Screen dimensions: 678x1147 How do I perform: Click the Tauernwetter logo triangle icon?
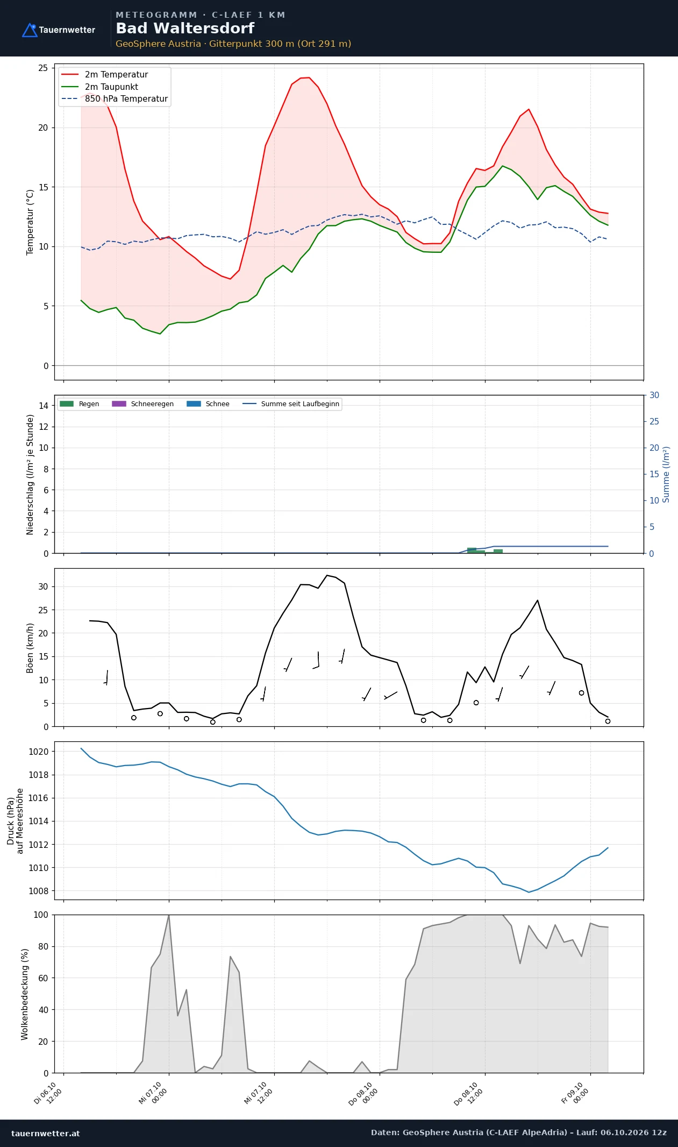[30, 30]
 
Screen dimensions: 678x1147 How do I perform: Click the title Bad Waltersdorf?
[185, 29]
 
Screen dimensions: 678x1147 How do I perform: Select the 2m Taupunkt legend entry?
[100, 87]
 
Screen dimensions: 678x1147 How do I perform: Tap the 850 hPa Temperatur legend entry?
[115, 99]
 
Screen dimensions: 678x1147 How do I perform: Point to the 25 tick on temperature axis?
[43, 68]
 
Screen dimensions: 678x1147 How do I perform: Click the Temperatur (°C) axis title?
[31, 222]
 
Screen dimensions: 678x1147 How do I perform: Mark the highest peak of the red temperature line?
[309, 77]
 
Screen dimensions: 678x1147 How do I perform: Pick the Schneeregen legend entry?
[143, 404]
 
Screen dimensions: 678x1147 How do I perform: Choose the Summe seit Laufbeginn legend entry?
[291, 404]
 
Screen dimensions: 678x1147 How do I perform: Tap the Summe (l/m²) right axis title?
[666, 475]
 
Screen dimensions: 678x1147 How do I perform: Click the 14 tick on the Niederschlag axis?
[44, 406]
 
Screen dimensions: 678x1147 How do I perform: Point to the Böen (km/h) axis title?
[31, 648]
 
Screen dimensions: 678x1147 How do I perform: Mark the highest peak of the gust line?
[327, 575]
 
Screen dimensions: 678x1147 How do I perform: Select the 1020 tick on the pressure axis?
[38, 752]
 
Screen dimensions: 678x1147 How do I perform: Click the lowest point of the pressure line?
[529, 893]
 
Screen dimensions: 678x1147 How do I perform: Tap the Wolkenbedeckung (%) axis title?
[25, 994]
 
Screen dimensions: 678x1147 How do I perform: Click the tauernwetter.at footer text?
[46, 1133]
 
